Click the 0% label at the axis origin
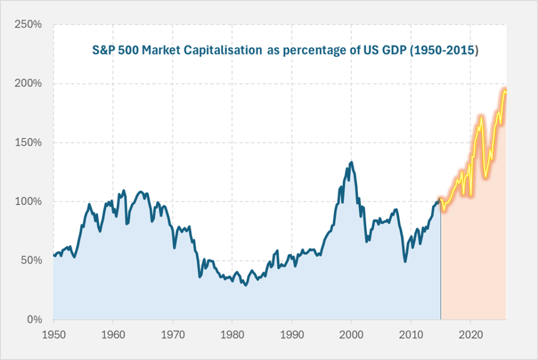37,320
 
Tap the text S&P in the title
101,52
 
